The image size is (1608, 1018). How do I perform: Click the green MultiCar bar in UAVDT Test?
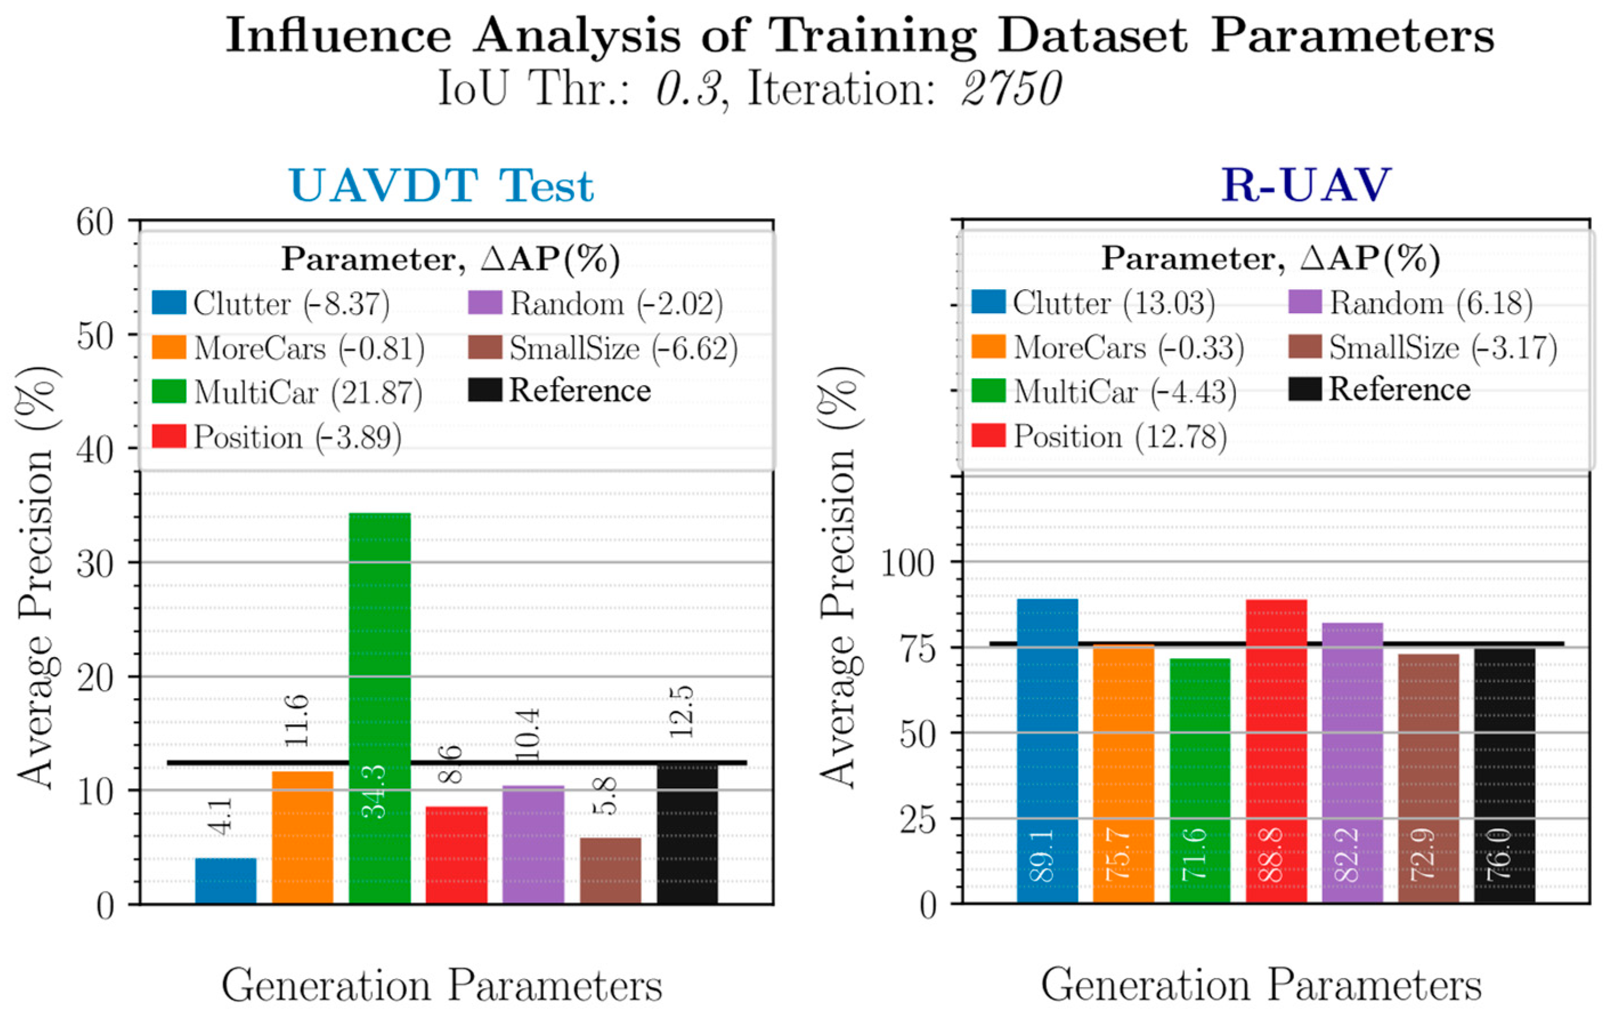coord(379,708)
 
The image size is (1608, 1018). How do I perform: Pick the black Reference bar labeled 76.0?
coord(1504,775)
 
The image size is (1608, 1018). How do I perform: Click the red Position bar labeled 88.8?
coord(1276,752)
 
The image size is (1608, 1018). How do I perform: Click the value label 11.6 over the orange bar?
coord(298,721)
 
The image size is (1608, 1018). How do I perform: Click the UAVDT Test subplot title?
coord(441,186)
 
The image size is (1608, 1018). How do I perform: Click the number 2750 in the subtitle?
coord(1011,89)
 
